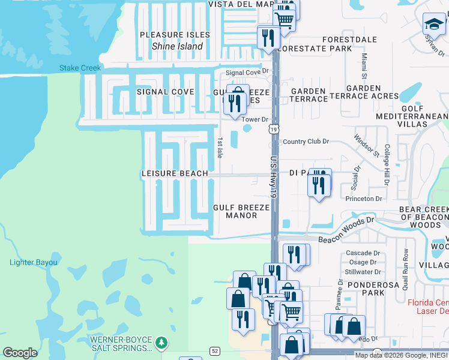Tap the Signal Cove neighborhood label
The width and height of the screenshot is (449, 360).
pyautogui.click(x=165, y=92)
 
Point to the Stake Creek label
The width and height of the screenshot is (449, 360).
pyautogui.click(x=80, y=68)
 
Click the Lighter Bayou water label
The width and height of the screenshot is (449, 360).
pyautogui.click(x=34, y=262)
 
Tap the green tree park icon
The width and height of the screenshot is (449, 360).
pyautogui.click(x=161, y=343)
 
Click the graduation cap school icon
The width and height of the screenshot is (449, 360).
pyautogui.click(x=433, y=25)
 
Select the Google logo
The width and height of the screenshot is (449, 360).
pyautogui.click(x=20, y=353)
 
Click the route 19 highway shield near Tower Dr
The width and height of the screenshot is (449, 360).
pyautogui.click(x=274, y=130)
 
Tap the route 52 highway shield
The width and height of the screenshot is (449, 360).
pyautogui.click(x=214, y=350)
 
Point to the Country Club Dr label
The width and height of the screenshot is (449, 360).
pyautogui.click(x=306, y=142)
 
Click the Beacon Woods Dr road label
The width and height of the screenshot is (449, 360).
pyautogui.click(x=346, y=230)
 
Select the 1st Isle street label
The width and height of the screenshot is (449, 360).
pyautogui.click(x=220, y=148)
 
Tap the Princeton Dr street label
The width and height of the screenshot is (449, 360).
pyautogui.click(x=363, y=199)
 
